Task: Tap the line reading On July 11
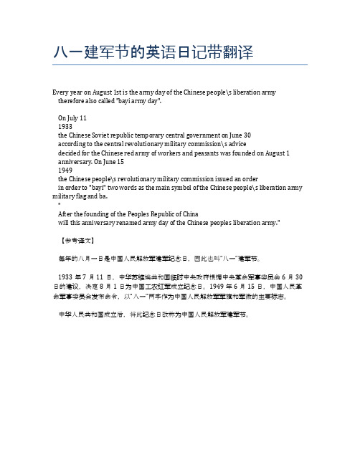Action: pos(73,117)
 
